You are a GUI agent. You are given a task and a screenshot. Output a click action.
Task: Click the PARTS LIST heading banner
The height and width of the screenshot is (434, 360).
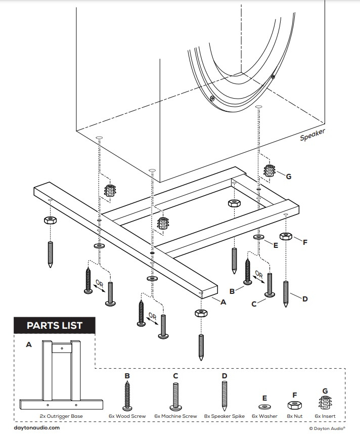[54, 325]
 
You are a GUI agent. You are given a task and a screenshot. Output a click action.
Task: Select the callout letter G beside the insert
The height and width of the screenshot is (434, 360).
[289, 177]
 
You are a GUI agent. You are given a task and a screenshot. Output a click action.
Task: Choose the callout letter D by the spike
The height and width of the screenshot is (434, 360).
[305, 299]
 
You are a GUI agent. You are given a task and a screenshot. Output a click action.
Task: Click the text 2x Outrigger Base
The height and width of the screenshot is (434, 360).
[61, 416]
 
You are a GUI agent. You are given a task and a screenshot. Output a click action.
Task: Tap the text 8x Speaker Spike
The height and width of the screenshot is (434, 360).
[224, 416]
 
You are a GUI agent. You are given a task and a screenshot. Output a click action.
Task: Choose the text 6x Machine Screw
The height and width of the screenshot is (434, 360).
[175, 416]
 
